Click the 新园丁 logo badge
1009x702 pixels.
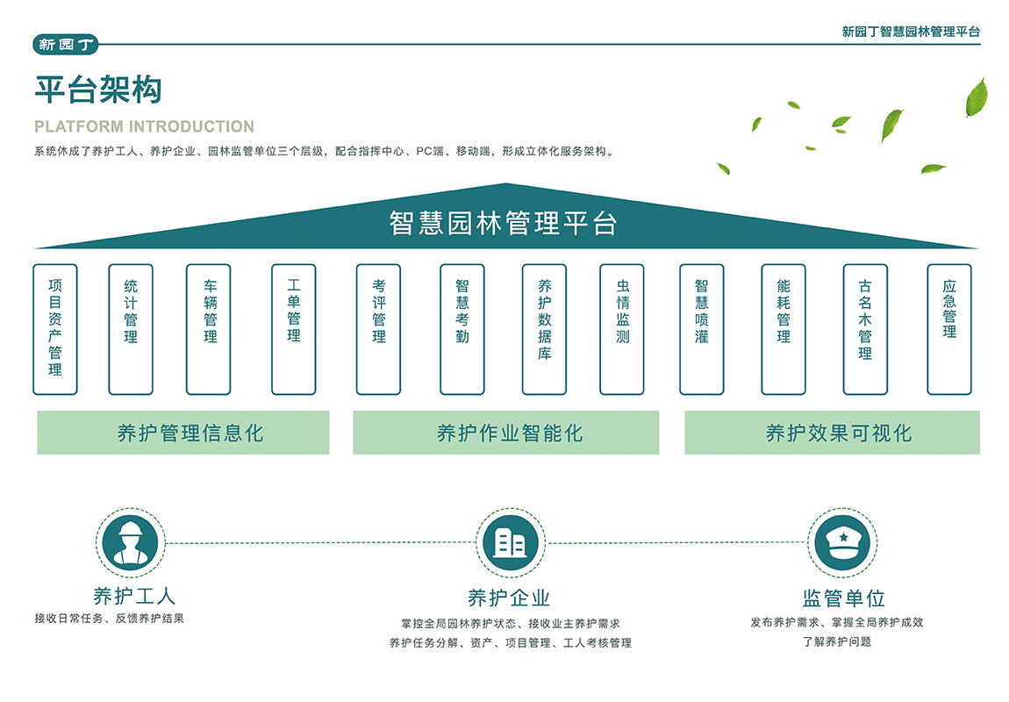point(67,44)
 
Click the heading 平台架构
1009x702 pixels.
point(98,90)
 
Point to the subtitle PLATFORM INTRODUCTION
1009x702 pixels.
point(144,126)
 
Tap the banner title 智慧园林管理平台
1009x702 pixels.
point(504,223)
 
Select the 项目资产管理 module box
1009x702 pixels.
point(55,329)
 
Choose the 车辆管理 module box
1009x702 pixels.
point(210,329)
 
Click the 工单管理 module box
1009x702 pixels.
point(294,329)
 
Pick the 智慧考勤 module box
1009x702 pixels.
point(462,329)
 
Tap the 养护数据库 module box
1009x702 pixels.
point(545,329)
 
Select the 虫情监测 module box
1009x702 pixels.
point(622,329)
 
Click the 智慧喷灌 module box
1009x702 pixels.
point(702,329)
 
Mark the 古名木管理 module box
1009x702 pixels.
point(865,329)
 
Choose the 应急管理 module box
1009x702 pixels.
point(949,329)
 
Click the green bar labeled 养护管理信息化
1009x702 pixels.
point(183,433)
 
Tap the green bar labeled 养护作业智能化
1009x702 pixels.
point(506,433)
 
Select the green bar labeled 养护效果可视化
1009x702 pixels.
point(832,433)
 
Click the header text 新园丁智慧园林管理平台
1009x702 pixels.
point(911,32)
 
